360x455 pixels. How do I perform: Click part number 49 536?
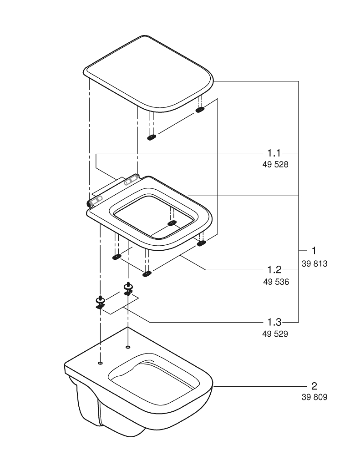click(276, 282)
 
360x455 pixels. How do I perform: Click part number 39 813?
click(314, 264)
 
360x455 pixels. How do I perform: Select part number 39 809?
click(314, 397)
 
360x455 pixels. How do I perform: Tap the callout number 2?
click(314, 386)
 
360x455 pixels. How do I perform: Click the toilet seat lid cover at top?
click(148, 73)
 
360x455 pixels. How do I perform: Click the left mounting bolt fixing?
click(100, 302)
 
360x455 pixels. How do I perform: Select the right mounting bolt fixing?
click(128, 289)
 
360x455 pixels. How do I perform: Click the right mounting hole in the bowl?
click(128, 348)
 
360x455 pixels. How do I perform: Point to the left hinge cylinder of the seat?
click(95, 201)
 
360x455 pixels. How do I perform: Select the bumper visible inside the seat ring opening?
click(172, 223)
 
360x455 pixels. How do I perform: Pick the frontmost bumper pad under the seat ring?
click(147, 273)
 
